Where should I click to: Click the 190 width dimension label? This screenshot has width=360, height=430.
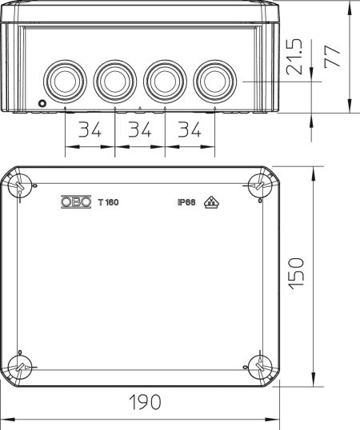tap(144, 401)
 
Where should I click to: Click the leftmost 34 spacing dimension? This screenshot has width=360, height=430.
tap(90, 129)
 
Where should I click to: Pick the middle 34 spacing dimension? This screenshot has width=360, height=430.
tap(140, 129)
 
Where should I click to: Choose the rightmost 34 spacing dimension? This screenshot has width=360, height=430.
tap(190, 129)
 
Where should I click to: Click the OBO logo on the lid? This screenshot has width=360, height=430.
tap(76, 202)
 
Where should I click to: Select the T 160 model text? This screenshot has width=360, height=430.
tap(108, 202)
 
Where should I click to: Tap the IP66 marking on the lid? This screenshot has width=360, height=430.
tap(186, 202)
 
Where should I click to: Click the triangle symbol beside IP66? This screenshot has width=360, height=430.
tap(210, 202)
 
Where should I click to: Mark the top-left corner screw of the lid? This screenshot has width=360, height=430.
tap(19, 186)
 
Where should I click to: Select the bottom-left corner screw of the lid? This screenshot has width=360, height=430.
tap(19, 368)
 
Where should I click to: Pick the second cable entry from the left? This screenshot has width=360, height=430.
tap(113, 79)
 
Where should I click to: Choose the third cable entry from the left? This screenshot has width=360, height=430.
tap(162, 79)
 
